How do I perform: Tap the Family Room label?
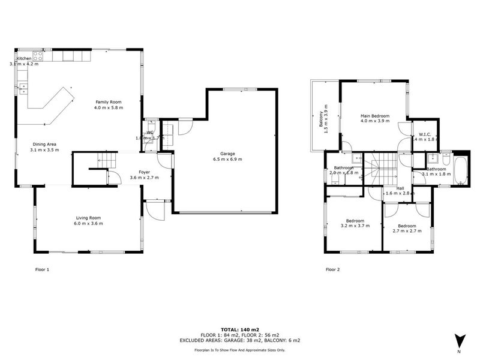(108, 102)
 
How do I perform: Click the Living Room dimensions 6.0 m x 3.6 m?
(88, 223)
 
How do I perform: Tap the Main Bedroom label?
(375, 116)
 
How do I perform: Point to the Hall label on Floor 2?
(400, 188)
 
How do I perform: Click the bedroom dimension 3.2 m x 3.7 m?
(355, 226)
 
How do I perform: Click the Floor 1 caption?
(42, 269)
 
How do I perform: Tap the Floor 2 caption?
(333, 269)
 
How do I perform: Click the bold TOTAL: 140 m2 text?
(240, 330)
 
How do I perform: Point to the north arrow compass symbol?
(459, 340)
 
